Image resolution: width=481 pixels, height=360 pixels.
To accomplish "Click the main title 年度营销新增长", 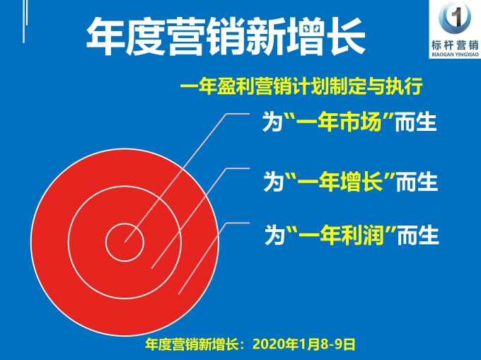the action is coord(226,37).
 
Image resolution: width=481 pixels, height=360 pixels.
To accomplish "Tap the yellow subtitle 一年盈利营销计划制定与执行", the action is coord(301,86).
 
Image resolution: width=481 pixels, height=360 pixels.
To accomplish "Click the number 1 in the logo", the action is coord(456,18).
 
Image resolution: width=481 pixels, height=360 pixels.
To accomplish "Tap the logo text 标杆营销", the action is coord(455,45).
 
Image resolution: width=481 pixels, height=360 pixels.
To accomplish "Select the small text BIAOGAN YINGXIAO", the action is coord(455,54).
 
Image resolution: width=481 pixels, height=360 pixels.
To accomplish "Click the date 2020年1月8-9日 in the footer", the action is coord(303,344).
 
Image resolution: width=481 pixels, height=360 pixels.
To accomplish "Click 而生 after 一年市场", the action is coord(416,122).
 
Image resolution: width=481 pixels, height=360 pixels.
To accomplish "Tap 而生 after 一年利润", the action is coord(418,236).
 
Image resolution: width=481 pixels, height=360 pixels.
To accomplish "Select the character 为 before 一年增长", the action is coord(274,182).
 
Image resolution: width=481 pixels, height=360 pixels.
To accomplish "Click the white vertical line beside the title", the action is coord(24,21).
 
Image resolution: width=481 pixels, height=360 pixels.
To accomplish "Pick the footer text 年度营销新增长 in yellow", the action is coord(192,344).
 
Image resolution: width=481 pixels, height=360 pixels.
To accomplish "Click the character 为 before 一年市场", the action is coord(272,122).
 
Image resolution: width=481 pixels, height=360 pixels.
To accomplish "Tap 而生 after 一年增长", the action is coord(417,182).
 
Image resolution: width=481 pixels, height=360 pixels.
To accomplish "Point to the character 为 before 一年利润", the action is coord(275,236).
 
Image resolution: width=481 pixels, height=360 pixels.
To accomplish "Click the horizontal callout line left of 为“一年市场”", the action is coord(238,114).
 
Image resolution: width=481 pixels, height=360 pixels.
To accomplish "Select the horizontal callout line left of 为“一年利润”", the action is coord(238,223).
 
